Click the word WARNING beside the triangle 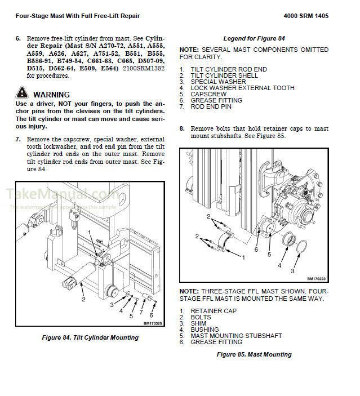pyautogui.click(x=51, y=95)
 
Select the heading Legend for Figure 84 pyautogui.click(x=254, y=38)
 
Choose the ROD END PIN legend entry pyautogui.click(x=211, y=106)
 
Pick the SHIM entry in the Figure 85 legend pyautogui.click(x=199, y=323)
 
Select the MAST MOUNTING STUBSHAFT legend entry pyautogui.click(x=236, y=336)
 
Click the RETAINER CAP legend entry pyautogui.click(x=214, y=311)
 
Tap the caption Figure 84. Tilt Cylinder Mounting pyautogui.click(x=90, y=337)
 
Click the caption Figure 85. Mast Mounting pyautogui.click(x=254, y=354)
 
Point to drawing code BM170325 pyautogui.click(x=153, y=323)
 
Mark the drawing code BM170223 pyautogui.click(x=317, y=278)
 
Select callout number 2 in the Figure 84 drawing pyautogui.click(x=83, y=299)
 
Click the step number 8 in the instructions pyautogui.click(x=182, y=128)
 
